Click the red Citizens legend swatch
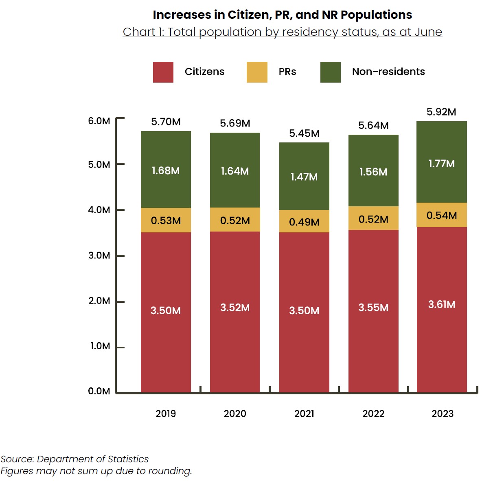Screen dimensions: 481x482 163,72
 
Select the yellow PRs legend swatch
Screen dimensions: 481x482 257,72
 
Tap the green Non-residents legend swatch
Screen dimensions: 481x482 330,72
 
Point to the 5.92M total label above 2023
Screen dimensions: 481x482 441,112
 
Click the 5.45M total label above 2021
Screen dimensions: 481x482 304,133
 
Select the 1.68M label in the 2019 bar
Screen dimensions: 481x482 166,171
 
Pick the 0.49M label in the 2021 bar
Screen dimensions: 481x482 304,222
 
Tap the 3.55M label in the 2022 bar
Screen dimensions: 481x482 373,308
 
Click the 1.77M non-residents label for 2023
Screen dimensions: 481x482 441,164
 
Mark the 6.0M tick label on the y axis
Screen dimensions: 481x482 99,121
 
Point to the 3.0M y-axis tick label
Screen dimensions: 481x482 99,256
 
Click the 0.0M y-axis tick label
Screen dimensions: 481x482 99,391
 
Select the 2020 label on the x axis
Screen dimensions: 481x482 235,413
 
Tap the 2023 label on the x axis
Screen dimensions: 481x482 443,413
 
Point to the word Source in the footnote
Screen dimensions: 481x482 17,459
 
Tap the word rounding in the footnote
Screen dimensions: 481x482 173,471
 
